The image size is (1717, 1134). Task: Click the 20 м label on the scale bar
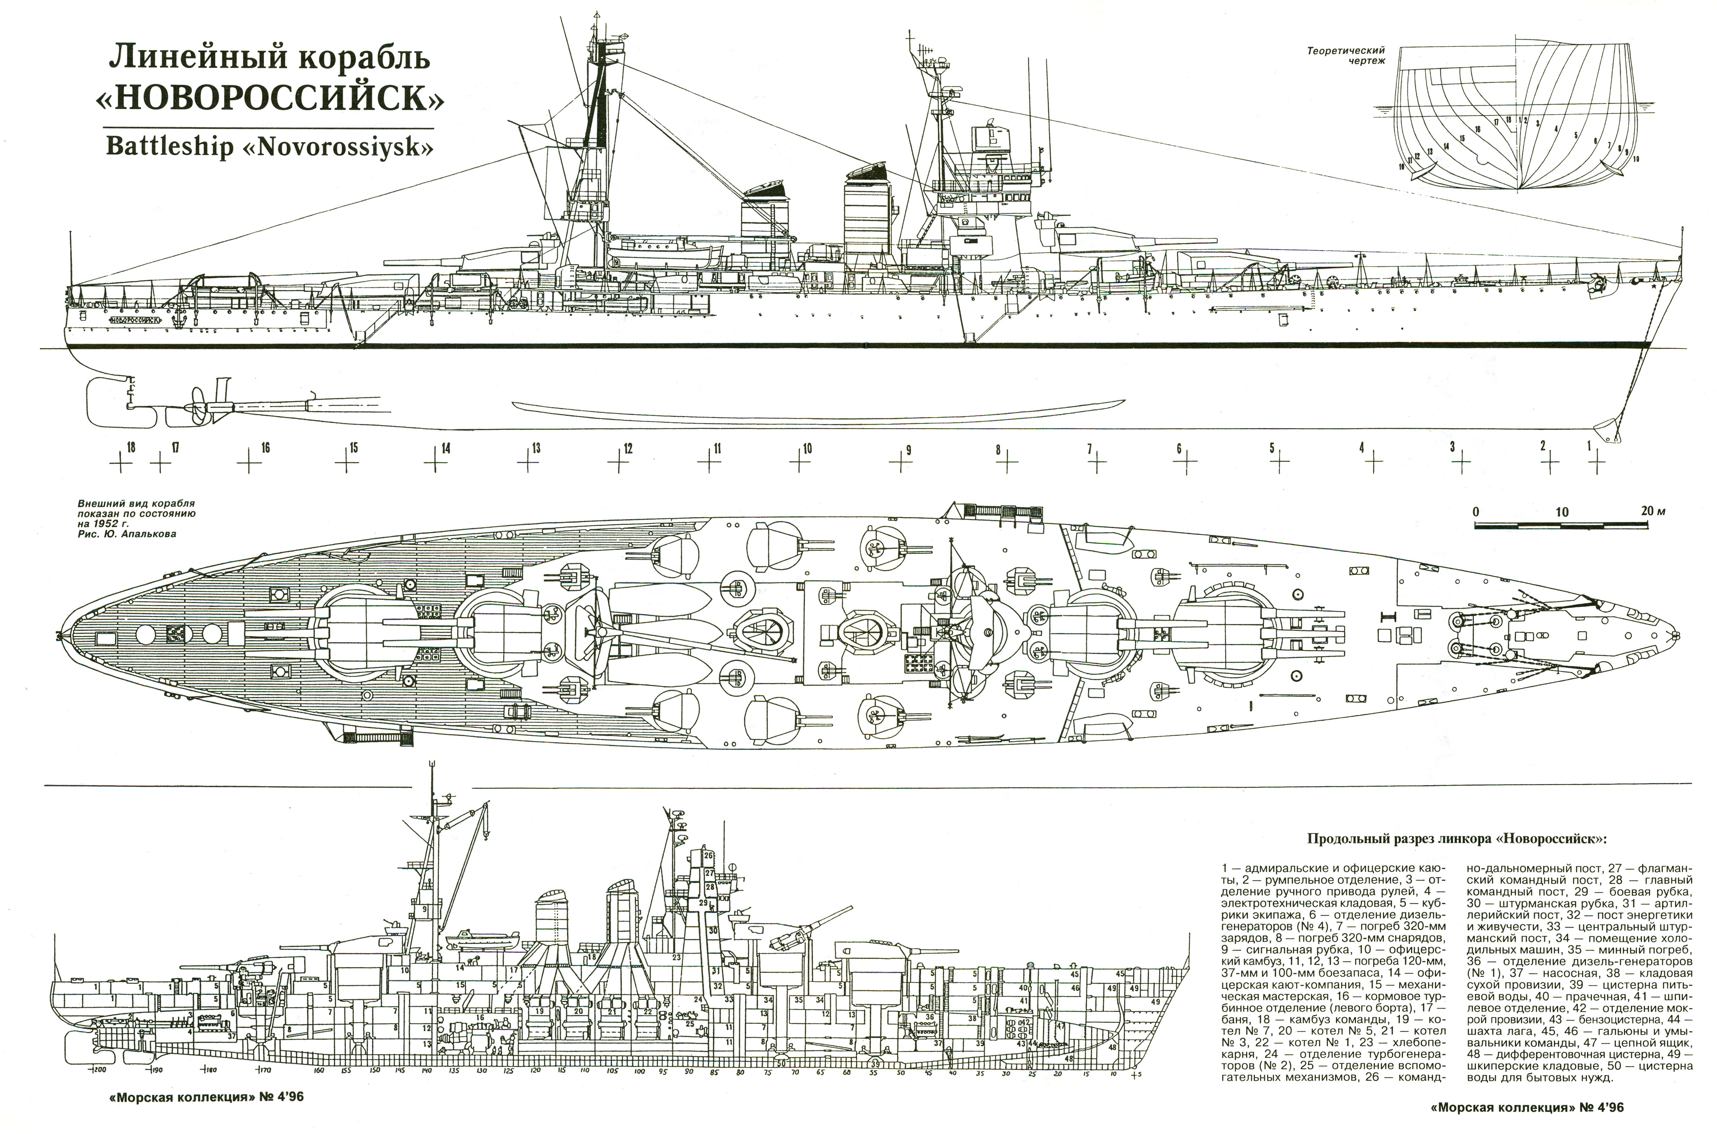1653,511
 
